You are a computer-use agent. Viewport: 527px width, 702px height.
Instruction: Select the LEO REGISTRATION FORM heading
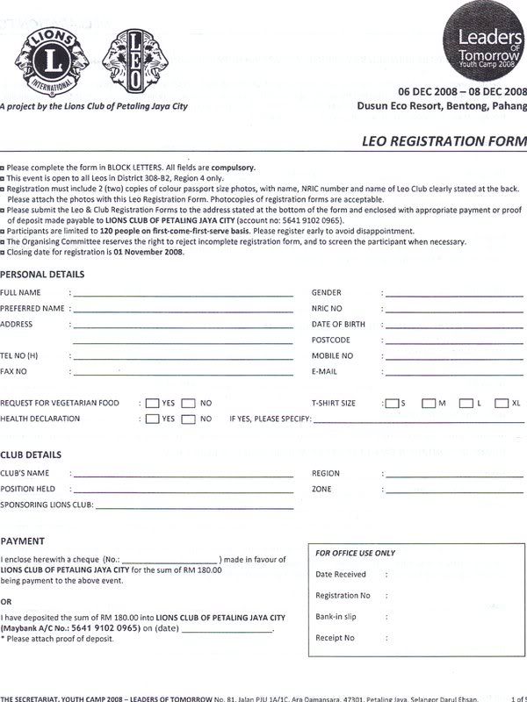coord(444,141)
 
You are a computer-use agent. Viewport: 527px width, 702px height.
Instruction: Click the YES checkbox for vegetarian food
coord(152,403)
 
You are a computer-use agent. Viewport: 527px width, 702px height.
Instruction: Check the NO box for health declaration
coord(188,419)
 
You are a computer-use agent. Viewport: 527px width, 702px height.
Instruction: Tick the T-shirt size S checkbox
coord(391,404)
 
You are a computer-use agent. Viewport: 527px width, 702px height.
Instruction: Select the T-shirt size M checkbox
coord(429,404)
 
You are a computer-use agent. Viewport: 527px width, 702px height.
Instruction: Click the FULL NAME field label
coord(21,293)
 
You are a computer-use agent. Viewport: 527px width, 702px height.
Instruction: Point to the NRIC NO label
coord(327,309)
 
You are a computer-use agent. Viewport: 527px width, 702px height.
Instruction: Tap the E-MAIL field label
coord(324,372)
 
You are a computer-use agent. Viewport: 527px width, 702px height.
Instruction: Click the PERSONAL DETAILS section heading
coord(42,275)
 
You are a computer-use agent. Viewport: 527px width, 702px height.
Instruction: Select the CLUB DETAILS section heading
coord(31,455)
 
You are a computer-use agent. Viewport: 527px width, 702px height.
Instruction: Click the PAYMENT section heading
coord(22,541)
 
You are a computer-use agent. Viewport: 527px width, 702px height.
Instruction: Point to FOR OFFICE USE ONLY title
coord(356,554)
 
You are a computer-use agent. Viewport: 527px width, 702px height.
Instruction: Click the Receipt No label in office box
coord(335,638)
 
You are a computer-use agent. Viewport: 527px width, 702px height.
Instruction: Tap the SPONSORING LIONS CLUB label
coord(46,505)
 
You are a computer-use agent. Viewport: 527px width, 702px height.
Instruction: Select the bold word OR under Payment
coord(6,602)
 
